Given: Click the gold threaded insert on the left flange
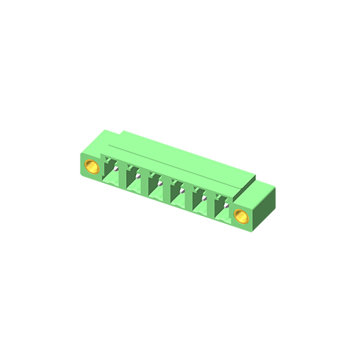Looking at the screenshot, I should [x=92, y=168].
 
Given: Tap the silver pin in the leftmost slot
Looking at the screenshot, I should [x=117, y=167].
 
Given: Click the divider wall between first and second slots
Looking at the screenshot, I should [x=125, y=177].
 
